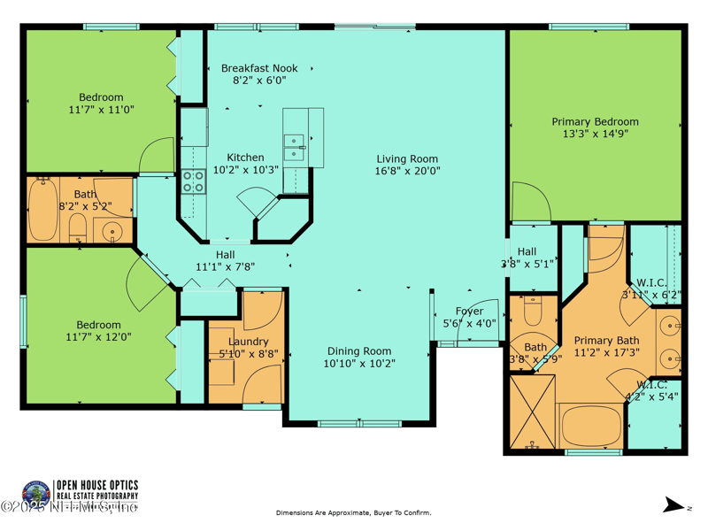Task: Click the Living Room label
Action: [x=407, y=159]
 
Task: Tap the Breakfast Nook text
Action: [x=259, y=68]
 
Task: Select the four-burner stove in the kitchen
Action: [x=193, y=182]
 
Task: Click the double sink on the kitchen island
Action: [x=294, y=147]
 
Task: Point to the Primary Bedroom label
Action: [x=595, y=122]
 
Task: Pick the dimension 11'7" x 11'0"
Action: [x=101, y=110]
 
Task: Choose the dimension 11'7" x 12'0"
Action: [x=97, y=336]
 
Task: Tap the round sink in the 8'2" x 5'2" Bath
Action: [x=112, y=233]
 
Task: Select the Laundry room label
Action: [x=248, y=342]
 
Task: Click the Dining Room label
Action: [x=358, y=350]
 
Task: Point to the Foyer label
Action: [x=469, y=312]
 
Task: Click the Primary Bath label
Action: [x=606, y=341]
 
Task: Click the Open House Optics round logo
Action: [x=36, y=493]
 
